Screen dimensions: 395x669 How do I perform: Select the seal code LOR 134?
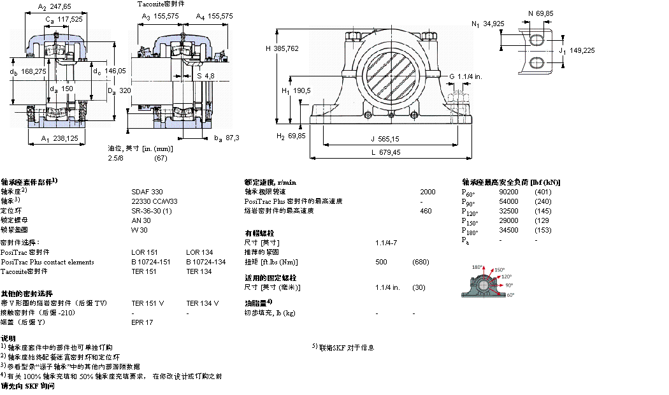199,252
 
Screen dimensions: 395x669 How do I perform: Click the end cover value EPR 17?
142,322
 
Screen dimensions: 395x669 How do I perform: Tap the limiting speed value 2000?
428,191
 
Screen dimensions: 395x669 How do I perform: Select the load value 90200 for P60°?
508,192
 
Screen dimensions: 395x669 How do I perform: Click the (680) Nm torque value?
421,262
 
